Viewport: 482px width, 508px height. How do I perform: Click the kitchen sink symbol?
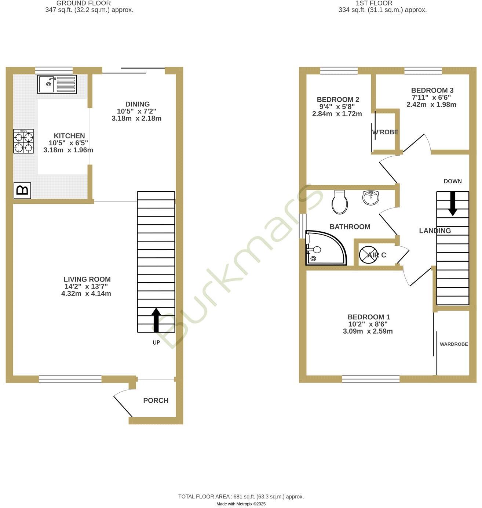[57, 84]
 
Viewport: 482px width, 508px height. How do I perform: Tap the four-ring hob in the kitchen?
[23, 141]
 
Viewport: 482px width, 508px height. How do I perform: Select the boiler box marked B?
[22, 190]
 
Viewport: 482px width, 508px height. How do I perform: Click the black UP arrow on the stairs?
[156, 320]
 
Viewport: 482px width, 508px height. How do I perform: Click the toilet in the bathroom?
[339, 202]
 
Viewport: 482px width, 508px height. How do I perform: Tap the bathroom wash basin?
[371, 197]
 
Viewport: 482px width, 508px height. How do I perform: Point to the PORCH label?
[156, 400]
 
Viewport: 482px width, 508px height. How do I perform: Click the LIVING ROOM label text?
[87, 279]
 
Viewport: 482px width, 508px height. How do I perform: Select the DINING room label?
[137, 104]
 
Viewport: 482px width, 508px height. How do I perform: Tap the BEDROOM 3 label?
[432, 90]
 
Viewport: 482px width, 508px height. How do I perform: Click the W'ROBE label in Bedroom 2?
[385, 132]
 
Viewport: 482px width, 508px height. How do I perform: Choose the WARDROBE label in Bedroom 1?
[454, 344]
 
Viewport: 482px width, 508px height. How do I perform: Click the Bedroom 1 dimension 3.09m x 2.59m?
[368, 331]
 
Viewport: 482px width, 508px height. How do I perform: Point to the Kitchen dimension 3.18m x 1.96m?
[68, 150]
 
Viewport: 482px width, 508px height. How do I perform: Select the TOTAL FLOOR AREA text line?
[241, 497]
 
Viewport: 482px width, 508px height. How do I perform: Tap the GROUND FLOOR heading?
[84, 3]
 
